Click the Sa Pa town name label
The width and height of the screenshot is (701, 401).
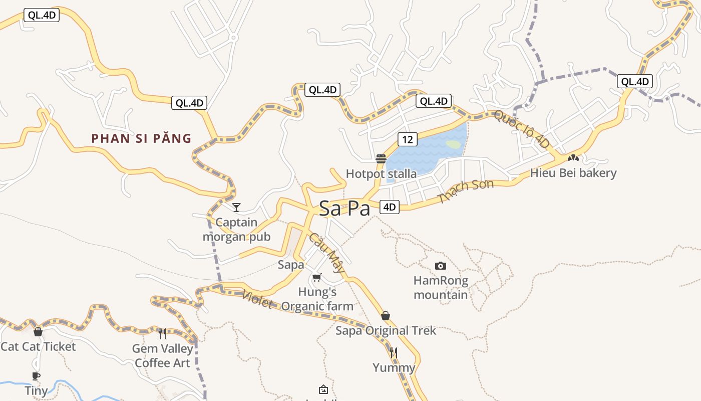(344, 209)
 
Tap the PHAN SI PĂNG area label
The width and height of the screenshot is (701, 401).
(142, 139)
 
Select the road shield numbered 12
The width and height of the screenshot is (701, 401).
(408, 139)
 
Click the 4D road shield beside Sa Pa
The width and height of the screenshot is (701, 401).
(389, 207)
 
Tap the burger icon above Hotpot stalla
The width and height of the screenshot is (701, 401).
(381, 159)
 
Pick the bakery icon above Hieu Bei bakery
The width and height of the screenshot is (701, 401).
(573, 158)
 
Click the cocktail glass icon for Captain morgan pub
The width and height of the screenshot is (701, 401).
(236, 207)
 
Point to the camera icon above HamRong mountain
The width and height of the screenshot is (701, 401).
(441, 266)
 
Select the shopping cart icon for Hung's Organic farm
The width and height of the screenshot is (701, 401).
(316, 277)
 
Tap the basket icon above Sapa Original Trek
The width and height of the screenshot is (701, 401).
(386, 316)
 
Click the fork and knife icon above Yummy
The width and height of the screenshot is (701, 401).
(394, 353)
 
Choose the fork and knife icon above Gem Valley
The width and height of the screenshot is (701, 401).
(162, 333)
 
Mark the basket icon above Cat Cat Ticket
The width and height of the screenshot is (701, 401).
(38, 332)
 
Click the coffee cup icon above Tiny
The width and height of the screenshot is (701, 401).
(36, 376)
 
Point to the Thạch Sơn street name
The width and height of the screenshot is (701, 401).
(466, 191)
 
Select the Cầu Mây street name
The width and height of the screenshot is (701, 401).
(327, 253)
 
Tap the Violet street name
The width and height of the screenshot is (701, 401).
(258, 299)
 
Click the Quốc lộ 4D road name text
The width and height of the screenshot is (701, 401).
(521, 129)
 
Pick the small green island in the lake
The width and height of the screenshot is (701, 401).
(453, 144)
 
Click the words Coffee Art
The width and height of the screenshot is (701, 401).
(163, 362)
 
